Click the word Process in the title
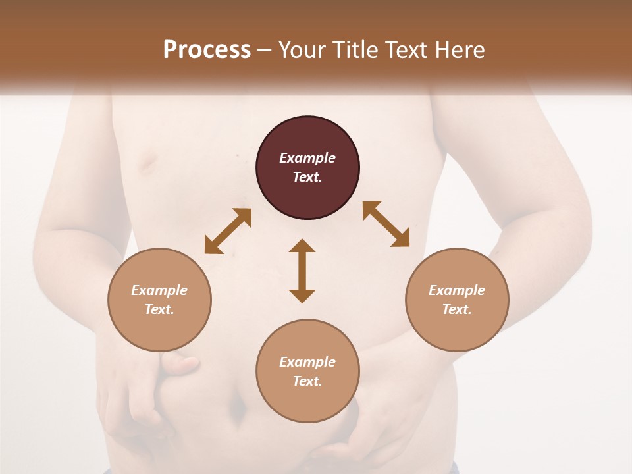207,50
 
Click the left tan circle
159,329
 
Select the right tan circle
457,329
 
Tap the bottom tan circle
307,402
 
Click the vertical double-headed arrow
302,271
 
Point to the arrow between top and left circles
228,231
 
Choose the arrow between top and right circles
386,224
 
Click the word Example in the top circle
307,158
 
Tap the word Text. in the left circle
159,309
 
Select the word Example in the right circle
457,290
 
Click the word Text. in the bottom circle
307,381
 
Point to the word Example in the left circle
159,290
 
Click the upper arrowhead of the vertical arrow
302,246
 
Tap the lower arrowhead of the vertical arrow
302,296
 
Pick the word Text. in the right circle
457,309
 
